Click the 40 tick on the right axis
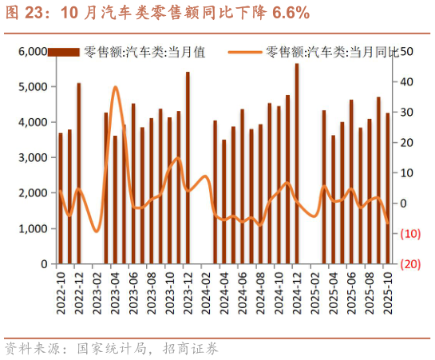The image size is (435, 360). tap(405, 82)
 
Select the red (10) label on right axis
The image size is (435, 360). tap(409, 234)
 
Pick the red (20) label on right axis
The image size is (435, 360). tap(409, 264)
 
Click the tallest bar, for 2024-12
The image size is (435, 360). tap(297, 164)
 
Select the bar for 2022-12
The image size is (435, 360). tap(79, 173)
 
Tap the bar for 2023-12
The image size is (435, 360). tap(188, 168)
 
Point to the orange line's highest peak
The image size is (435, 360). tap(115, 87)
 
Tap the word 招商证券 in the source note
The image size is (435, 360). tap(189, 349)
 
